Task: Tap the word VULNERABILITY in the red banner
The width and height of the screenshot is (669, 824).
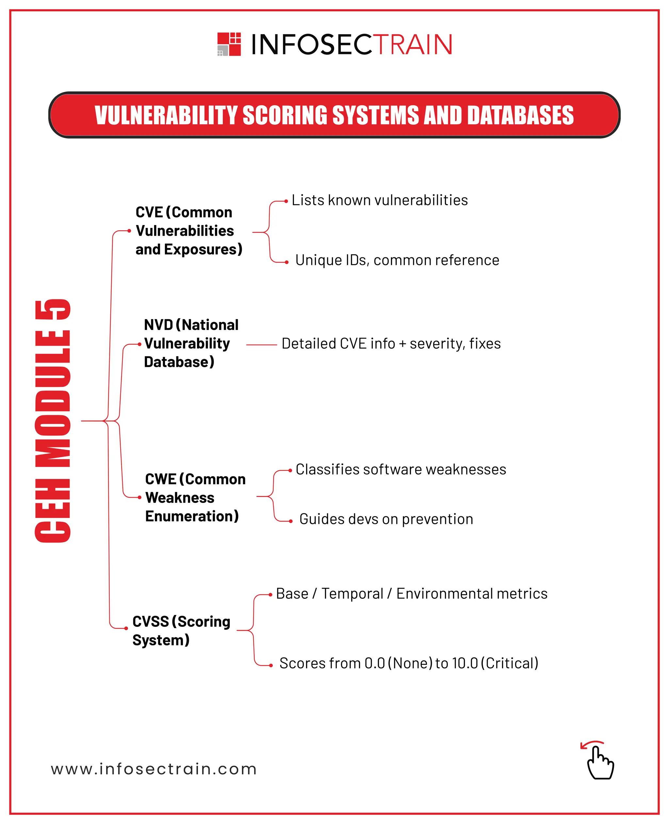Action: coord(166,115)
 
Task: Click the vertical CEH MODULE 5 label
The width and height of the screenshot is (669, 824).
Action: coord(53,421)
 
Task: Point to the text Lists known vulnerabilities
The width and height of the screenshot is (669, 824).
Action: coord(380,200)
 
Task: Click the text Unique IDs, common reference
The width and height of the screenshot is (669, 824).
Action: coord(397,260)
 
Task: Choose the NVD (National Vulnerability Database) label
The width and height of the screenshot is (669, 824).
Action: coord(191,343)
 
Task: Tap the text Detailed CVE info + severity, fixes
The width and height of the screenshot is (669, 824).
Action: coord(391,343)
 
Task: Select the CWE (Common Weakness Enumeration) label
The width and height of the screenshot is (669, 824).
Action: coord(195,498)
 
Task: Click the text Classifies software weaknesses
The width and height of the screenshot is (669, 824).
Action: coord(400,470)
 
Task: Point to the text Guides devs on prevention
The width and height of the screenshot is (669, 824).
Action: coord(386,519)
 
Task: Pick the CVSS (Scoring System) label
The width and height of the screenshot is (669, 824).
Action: coord(181,630)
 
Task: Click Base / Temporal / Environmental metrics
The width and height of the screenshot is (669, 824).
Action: coord(411,594)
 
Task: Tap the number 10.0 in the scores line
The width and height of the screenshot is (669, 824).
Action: coord(465,663)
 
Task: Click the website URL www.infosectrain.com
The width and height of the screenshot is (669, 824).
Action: coord(154,769)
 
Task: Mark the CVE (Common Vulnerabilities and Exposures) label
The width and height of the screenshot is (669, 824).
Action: coord(188,231)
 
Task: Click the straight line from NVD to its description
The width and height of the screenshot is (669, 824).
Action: coord(261,345)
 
